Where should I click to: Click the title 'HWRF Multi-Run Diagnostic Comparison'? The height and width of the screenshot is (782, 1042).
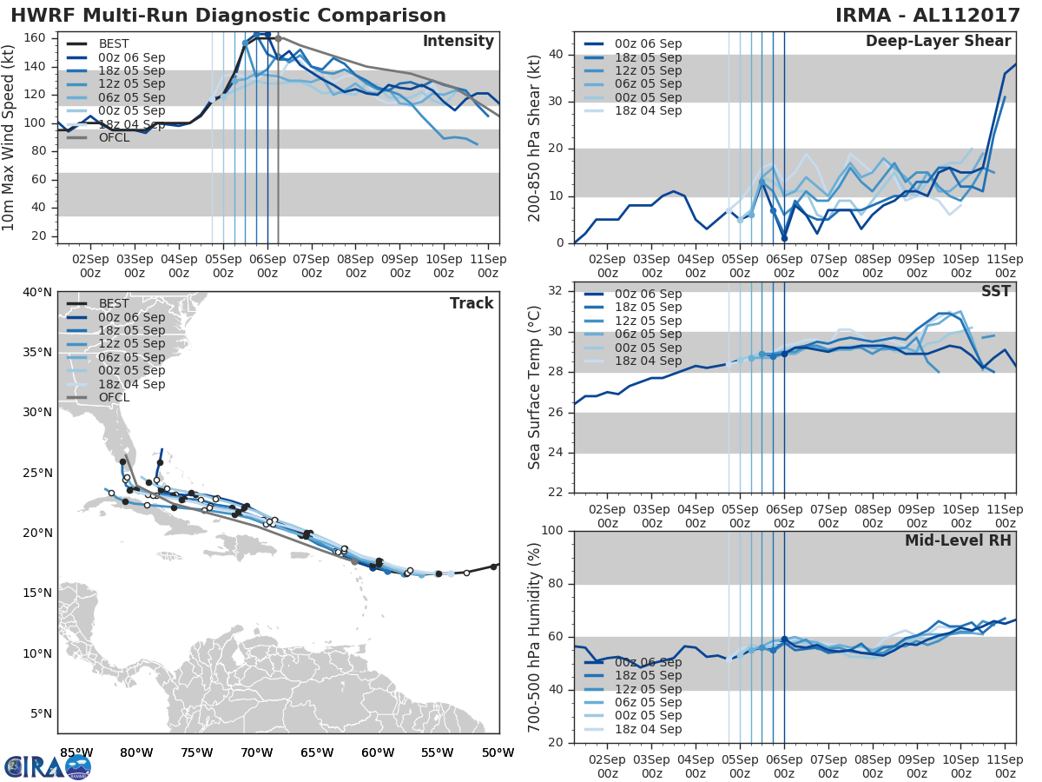tap(228, 16)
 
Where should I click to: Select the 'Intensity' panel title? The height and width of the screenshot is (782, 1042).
tap(458, 42)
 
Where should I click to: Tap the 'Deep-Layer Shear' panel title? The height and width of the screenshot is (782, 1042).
tap(938, 42)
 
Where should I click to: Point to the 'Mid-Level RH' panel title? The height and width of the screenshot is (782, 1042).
tap(958, 540)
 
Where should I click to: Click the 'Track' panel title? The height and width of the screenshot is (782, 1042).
tap(472, 303)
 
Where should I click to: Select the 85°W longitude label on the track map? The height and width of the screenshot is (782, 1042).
tap(76, 753)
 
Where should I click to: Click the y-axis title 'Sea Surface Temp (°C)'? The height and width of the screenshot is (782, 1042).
tap(535, 387)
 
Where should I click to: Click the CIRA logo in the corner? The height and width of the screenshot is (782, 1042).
tap(47, 765)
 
